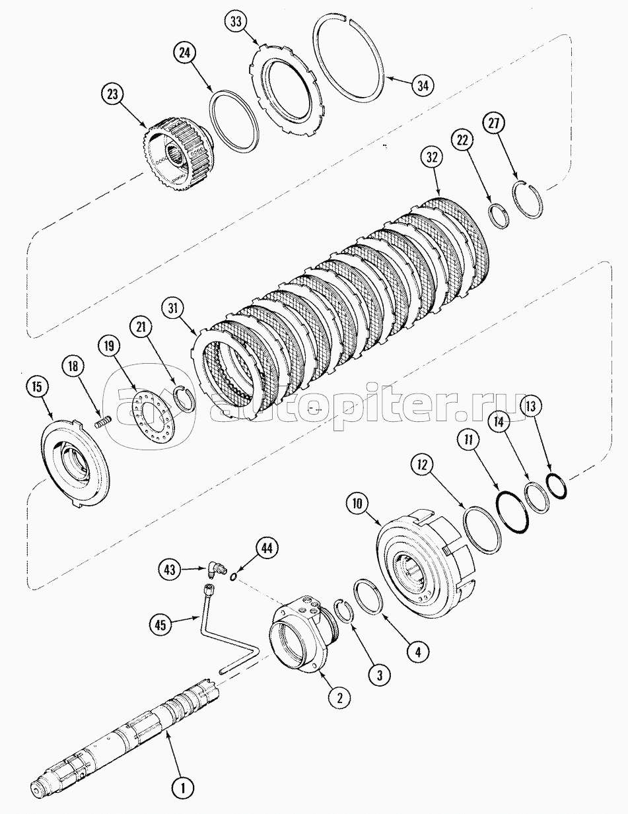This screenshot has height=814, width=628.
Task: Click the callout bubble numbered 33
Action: click(x=236, y=22)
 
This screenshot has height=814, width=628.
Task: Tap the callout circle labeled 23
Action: click(x=113, y=95)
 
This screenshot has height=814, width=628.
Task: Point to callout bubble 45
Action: click(x=160, y=625)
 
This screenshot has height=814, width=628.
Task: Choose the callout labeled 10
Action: click(x=357, y=504)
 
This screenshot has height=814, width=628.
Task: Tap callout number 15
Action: click(x=37, y=387)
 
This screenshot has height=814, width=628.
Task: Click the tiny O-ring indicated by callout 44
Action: click(x=233, y=576)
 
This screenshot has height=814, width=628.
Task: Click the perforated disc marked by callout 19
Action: click(x=155, y=413)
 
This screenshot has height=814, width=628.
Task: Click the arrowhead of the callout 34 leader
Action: click(x=387, y=78)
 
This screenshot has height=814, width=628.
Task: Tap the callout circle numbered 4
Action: click(x=418, y=652)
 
